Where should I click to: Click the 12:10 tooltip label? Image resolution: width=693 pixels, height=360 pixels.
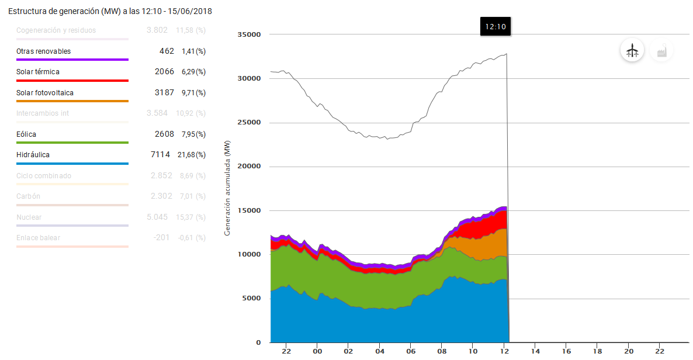495,26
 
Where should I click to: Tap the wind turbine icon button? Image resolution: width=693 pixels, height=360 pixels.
632,51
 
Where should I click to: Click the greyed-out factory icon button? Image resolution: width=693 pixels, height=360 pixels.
661,51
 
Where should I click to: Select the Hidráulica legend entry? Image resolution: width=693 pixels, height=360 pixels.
33,155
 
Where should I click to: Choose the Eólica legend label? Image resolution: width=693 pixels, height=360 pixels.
26,134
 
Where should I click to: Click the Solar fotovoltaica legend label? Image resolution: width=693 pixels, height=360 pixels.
45,93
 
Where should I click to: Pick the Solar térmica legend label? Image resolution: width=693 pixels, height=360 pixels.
38,72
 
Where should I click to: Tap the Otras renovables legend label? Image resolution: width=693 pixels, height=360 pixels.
44,51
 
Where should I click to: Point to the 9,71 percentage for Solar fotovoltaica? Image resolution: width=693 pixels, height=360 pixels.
193,93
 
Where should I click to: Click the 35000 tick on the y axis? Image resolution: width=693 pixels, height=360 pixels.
249,34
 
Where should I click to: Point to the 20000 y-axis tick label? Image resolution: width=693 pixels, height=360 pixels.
249,167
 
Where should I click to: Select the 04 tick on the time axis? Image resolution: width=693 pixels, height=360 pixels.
379,351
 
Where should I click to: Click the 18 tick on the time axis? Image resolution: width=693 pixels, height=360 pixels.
597,351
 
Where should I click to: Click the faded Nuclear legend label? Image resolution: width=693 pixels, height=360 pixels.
29,217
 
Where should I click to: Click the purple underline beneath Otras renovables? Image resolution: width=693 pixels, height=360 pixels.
72,60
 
